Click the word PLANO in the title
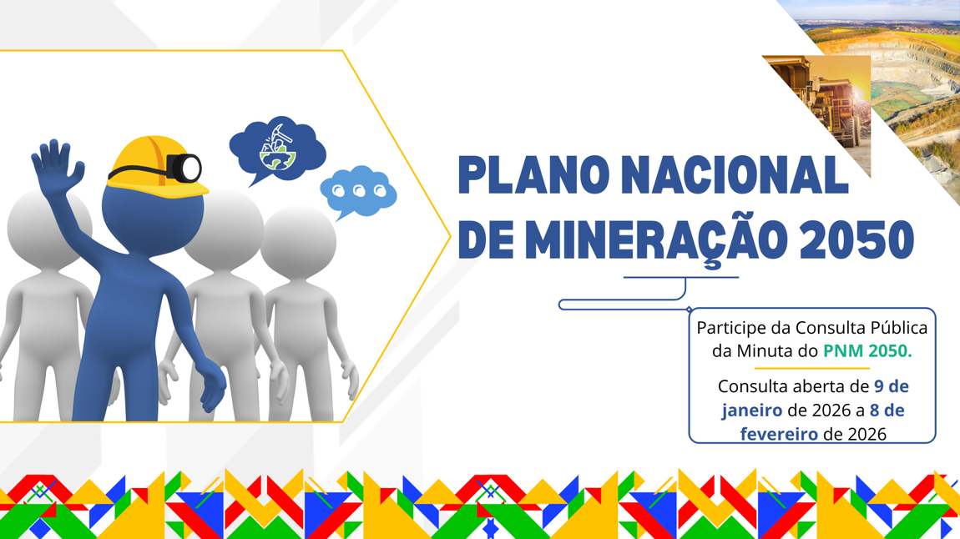(x=526, y=176)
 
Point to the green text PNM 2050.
(x=867, y=351)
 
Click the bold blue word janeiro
(x=752, y=411)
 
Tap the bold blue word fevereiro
(x=778, y=434)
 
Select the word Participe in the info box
(x=731, y=327)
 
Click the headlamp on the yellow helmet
(x=184, y=167)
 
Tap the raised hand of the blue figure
(x=57, y=164)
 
